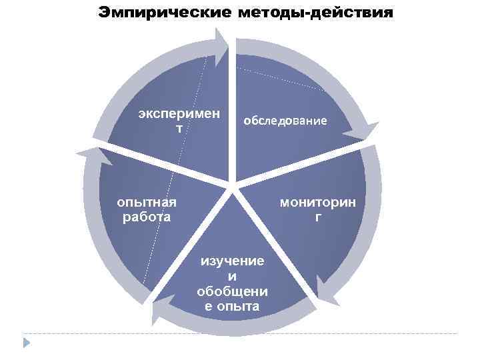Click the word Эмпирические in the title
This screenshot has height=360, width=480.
coord(163,13)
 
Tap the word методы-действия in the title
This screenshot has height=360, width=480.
coord(315,13)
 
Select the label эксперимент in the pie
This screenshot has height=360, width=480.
coord(179,119)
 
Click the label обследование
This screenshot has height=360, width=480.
coord(285,121)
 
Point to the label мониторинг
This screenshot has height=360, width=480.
coord(318,209)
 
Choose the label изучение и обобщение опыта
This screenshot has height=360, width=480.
coord(232,283)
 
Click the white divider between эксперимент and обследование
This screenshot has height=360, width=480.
coord(232,113)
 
